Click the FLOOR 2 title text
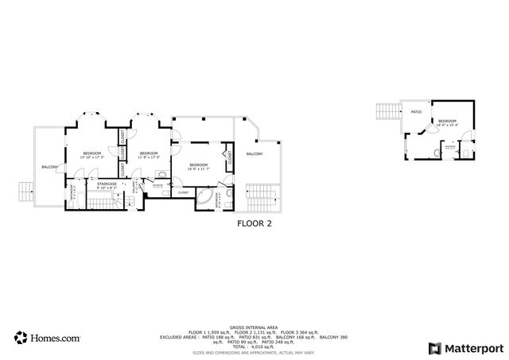[x=254, y=224]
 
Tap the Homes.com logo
[x=47, y=338]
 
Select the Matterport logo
[x=465, y=348]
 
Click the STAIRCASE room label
[x=107, y=185]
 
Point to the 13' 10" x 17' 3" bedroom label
[x=92, y=155]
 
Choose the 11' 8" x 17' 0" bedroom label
[x=149, y=155]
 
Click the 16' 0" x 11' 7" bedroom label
[x=198, y=167]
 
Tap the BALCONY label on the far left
[x=49, y=167]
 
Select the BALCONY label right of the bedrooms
[x=254, y=154]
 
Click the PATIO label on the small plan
[x=415, y=113]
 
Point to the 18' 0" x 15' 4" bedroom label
[x=446, y=123]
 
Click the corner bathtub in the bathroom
[x=209, y=197]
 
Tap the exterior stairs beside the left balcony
[x=25, y=192]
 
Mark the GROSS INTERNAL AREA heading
[x=254, y=327]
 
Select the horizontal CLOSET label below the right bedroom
[x=183, y=192]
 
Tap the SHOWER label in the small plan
[x=450, y=147]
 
